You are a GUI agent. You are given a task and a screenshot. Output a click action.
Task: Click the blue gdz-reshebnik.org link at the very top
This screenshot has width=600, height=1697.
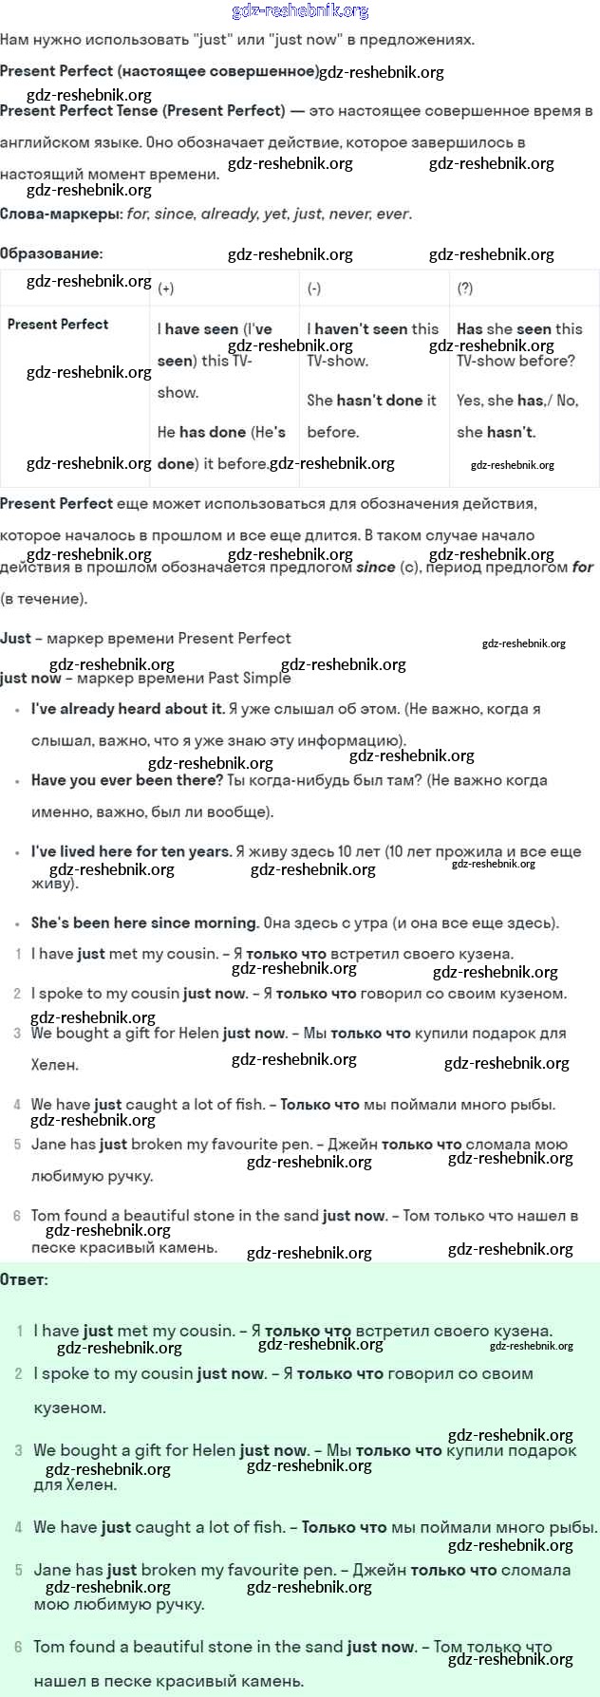pos(300,11)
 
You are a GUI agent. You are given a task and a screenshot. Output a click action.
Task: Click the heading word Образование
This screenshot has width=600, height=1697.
pos(50,253)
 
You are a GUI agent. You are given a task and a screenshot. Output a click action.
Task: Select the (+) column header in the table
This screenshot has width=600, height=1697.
pos(166,289)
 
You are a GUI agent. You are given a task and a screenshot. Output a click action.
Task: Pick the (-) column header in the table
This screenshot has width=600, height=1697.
pos(314,289)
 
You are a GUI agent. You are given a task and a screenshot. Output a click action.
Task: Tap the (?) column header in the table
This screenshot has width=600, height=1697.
pos(465,289)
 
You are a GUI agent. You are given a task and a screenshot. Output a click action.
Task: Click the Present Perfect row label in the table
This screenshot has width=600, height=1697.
pos(58,325)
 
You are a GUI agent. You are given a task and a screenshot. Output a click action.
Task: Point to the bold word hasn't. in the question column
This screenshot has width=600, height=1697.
pos(511,432)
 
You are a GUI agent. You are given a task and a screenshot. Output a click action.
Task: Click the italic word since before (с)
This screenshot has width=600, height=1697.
pos(375,567)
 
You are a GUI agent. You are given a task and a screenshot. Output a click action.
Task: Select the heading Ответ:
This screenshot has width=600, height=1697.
pos(24,1279)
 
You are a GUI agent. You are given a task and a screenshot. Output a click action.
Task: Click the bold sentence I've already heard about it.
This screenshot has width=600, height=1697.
pos(128,709)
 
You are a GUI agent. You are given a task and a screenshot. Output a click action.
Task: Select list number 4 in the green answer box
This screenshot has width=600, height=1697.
pos(18,1528)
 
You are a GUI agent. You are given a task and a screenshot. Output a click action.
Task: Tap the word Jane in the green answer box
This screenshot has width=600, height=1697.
pos(50,1570)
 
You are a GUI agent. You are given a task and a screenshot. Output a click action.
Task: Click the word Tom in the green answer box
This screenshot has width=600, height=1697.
pos(48,1647)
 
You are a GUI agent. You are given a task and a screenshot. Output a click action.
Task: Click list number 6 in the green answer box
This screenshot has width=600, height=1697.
pos(18,1648)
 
